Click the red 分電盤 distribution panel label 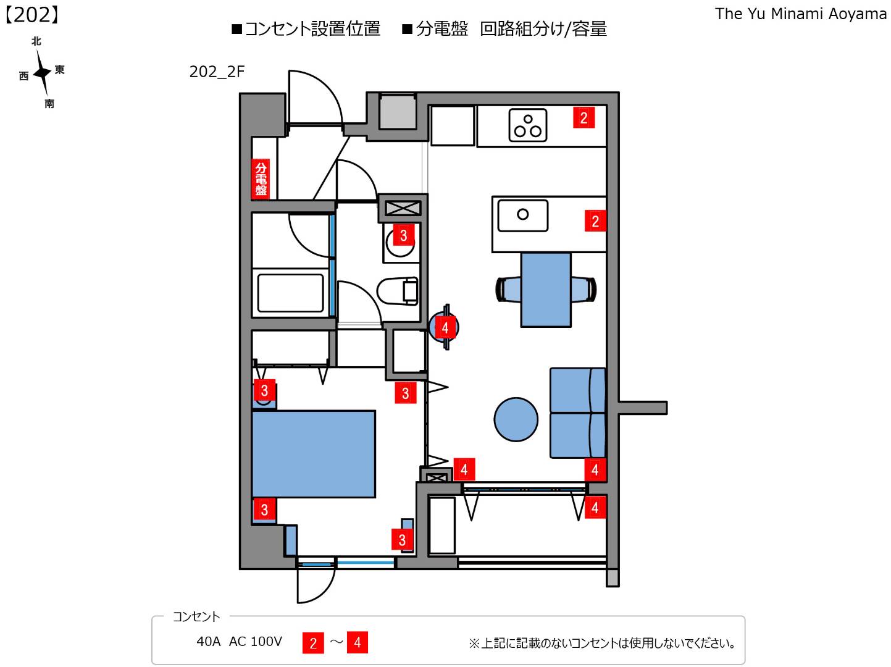coord(261,178)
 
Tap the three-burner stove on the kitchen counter coord(528,125)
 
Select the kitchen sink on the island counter coord(523,215)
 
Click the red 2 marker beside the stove coord(584,117)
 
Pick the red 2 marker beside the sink coord(595,221)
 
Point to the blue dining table coord(546,289)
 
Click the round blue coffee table coord(516,419)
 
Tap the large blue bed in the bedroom coord(314,454)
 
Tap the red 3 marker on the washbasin coord(403,235)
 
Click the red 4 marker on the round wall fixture coord(445,327)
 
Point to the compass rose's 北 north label coord(36,41)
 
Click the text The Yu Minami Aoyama coord(800,14)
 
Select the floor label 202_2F coord(217,72)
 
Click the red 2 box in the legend coord(313,643)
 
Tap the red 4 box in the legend coord(357,642)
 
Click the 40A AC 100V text coord(239,642)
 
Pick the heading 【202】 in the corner coord(32,15)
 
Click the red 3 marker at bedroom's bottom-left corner coord(264,510)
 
